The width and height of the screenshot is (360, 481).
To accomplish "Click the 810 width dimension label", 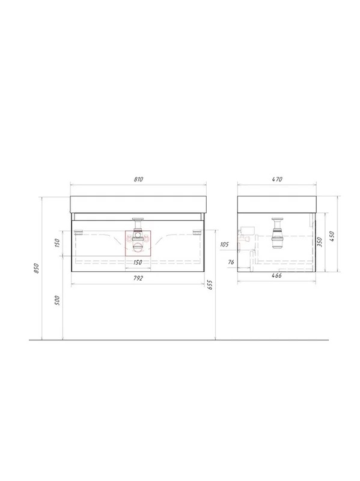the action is click(138, 179).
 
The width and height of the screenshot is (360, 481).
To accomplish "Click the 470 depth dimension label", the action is click(277, 179).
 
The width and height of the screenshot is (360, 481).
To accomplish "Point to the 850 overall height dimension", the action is click(37, 268).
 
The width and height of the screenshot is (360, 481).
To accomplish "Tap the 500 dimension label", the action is click(56, 300).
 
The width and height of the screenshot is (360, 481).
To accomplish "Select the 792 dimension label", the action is click(138, 278).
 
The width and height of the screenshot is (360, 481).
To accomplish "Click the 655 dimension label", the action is click(210, 284).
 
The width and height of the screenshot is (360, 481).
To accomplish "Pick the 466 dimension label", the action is click(276, 275).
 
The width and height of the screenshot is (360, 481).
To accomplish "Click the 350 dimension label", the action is click(320, 242).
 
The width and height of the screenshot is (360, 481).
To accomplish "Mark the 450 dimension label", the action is click(332, 236).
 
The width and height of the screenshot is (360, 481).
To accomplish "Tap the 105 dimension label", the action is click(224, 245).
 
